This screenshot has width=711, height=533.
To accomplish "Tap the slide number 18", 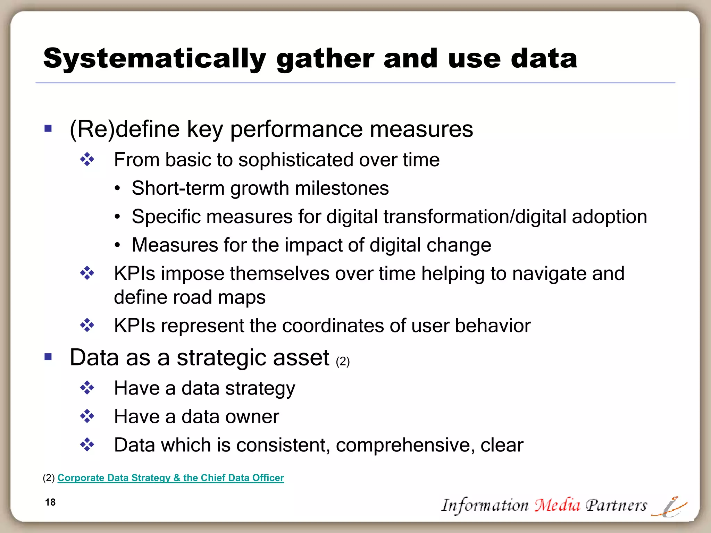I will pyautogui.click(x=50, y=502).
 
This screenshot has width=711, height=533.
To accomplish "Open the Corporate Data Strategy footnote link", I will pyautogui.click(x=170, y=478).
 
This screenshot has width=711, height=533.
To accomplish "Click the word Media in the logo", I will pyautogui.click(x=557, y=505).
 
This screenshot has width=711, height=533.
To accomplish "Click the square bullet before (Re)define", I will pyautogui.click(x=48, y=129).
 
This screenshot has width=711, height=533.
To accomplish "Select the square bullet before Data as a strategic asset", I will pyautogui.click(x=48, y=357).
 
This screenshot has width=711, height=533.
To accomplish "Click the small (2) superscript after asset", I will pyautogui.click(x=343, y=362).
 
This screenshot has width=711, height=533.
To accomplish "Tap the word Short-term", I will pyautogui.click(x=178, y=188).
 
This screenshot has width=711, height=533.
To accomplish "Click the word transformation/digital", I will pyautogui.click(x=475, y=217).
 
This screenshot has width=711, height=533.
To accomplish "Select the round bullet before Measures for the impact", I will pyautogui.click(x=118, y=245).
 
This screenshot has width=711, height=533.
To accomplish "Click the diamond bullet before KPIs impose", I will pyautogui.click(x=87, y=273).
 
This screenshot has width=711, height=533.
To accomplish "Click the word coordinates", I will pyautogui.click(x=333, y=326).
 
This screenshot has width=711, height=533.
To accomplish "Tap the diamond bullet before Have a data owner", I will pyautogui.click(x=87, y=416).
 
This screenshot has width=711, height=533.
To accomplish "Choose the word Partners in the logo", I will pyautogui.click(x=616, y=505).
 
